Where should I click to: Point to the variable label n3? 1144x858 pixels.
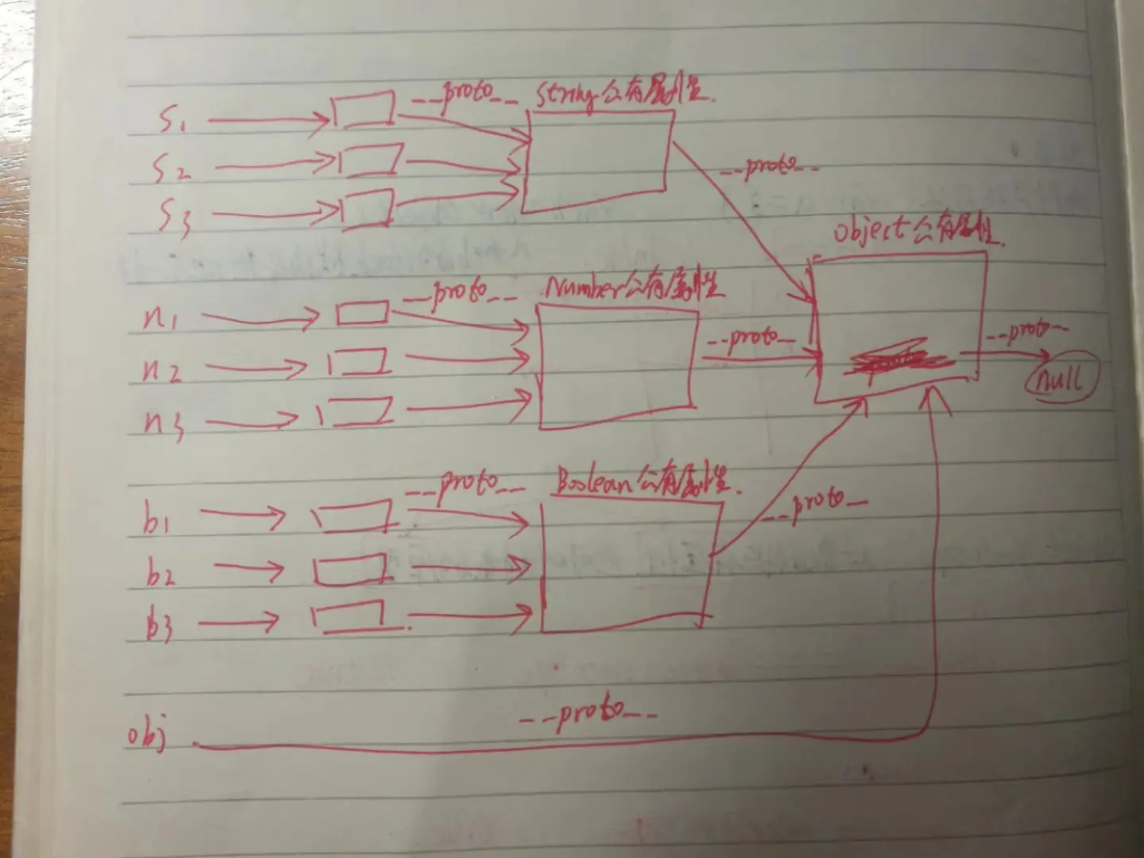coord(165,422)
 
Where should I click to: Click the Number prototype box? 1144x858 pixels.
coord(616,366)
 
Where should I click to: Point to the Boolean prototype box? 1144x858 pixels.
coord(628,566)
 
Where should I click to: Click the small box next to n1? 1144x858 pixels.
coord(362,314)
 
